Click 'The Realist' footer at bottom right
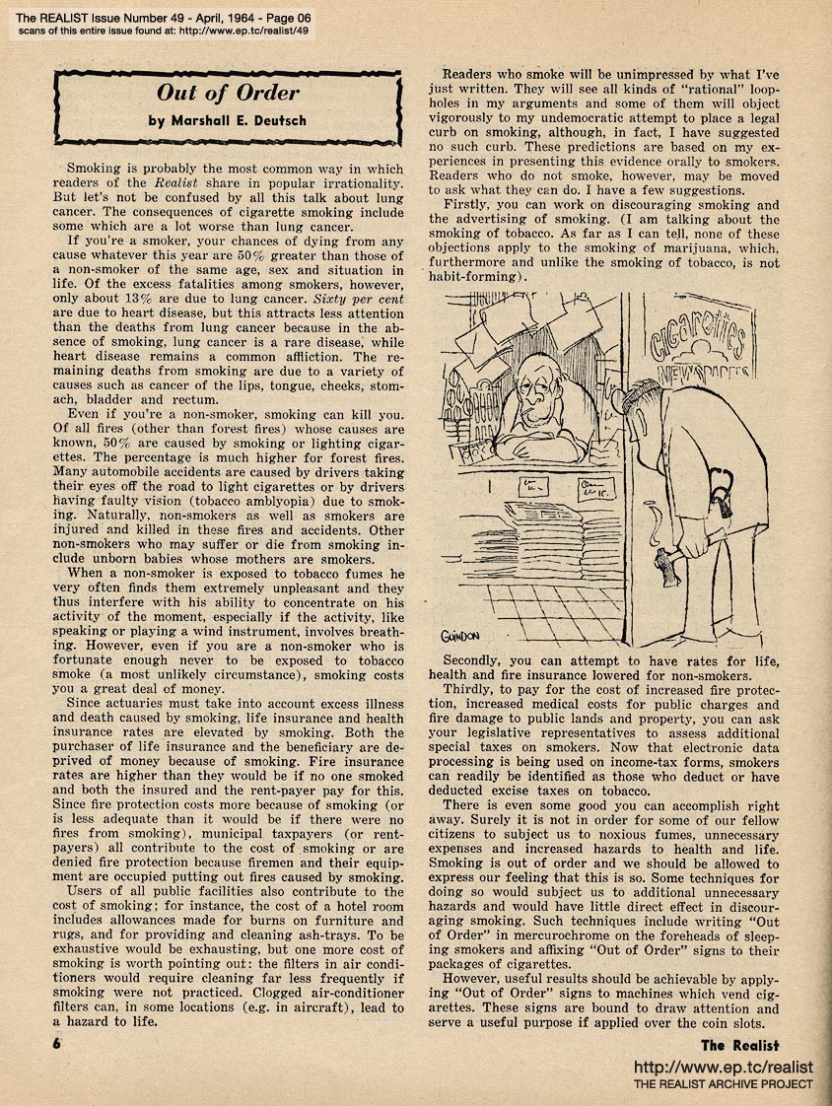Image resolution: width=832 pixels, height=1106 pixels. click(x=741, y=1046)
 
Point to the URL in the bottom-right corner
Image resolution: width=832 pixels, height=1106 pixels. click(x=722, y=1068)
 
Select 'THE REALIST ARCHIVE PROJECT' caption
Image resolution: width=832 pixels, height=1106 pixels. click(x=723, y=1085)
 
